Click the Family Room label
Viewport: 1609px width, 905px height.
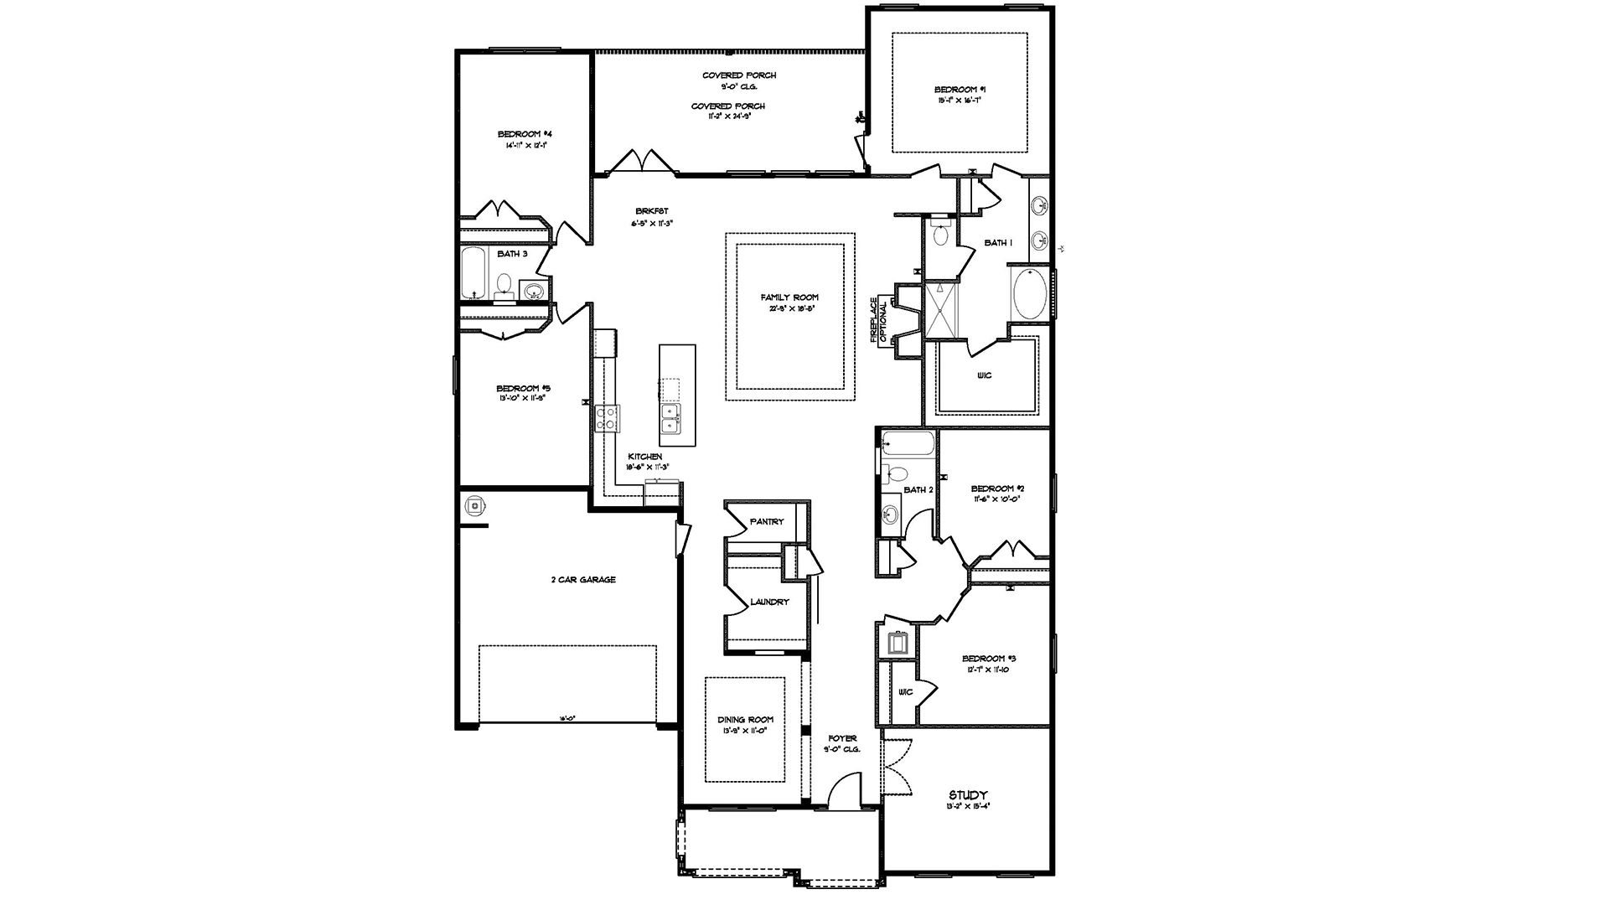pyautogui.click(x=789, y=297)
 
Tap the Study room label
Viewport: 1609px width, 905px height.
pyautogui.click(x=968, y=794)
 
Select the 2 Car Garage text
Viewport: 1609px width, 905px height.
pyautogui.click(x=583, y=580)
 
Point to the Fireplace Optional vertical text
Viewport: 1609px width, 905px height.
pyautogui.click(x=877, y=321)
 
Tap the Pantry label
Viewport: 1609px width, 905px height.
pyautogui.click(x=766, y=521)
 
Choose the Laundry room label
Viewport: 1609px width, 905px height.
pyautogui.click(x=769, y=602)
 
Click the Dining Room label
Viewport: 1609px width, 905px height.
pyautogui.click(x=745, y=719)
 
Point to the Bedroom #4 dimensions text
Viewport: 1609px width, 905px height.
pyautogui.click(x=525, y=145)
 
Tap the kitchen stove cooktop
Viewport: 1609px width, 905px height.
pyautogui.click(x=607, y=416)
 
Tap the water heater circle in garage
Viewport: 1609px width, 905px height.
pyautogui.click(x=475, y=506)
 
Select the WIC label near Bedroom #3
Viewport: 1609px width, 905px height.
pyautogui.click(x=905, y=692)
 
